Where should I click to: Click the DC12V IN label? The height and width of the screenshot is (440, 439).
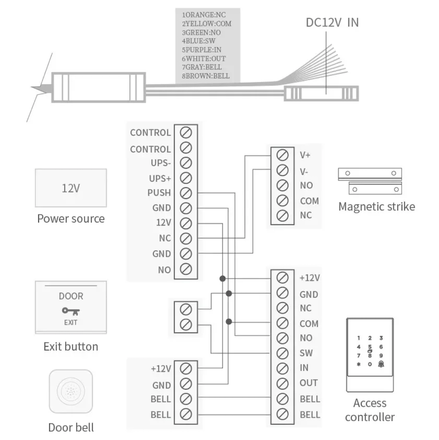point(332,23)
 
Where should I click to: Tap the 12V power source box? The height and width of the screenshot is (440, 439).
point(70,188)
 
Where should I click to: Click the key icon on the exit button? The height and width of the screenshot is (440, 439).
point(71,311)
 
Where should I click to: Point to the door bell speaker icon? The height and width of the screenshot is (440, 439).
point(70,392)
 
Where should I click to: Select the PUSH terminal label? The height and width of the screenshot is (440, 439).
point(159,193)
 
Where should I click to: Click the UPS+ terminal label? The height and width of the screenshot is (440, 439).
point(160,179)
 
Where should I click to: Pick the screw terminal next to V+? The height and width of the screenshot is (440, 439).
point(283,155)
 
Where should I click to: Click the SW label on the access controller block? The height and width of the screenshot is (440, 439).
point(306,353)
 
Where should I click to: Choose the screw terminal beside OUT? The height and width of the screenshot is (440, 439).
point(283,383)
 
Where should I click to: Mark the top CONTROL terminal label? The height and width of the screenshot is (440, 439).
point(150,132)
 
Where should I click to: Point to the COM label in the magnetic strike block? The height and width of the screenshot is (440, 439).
point(309,201)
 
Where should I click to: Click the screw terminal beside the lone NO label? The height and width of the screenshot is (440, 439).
point(185,269)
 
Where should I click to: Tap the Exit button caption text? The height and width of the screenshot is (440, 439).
point(71,347)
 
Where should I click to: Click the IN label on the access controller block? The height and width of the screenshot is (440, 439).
point(305,368)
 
